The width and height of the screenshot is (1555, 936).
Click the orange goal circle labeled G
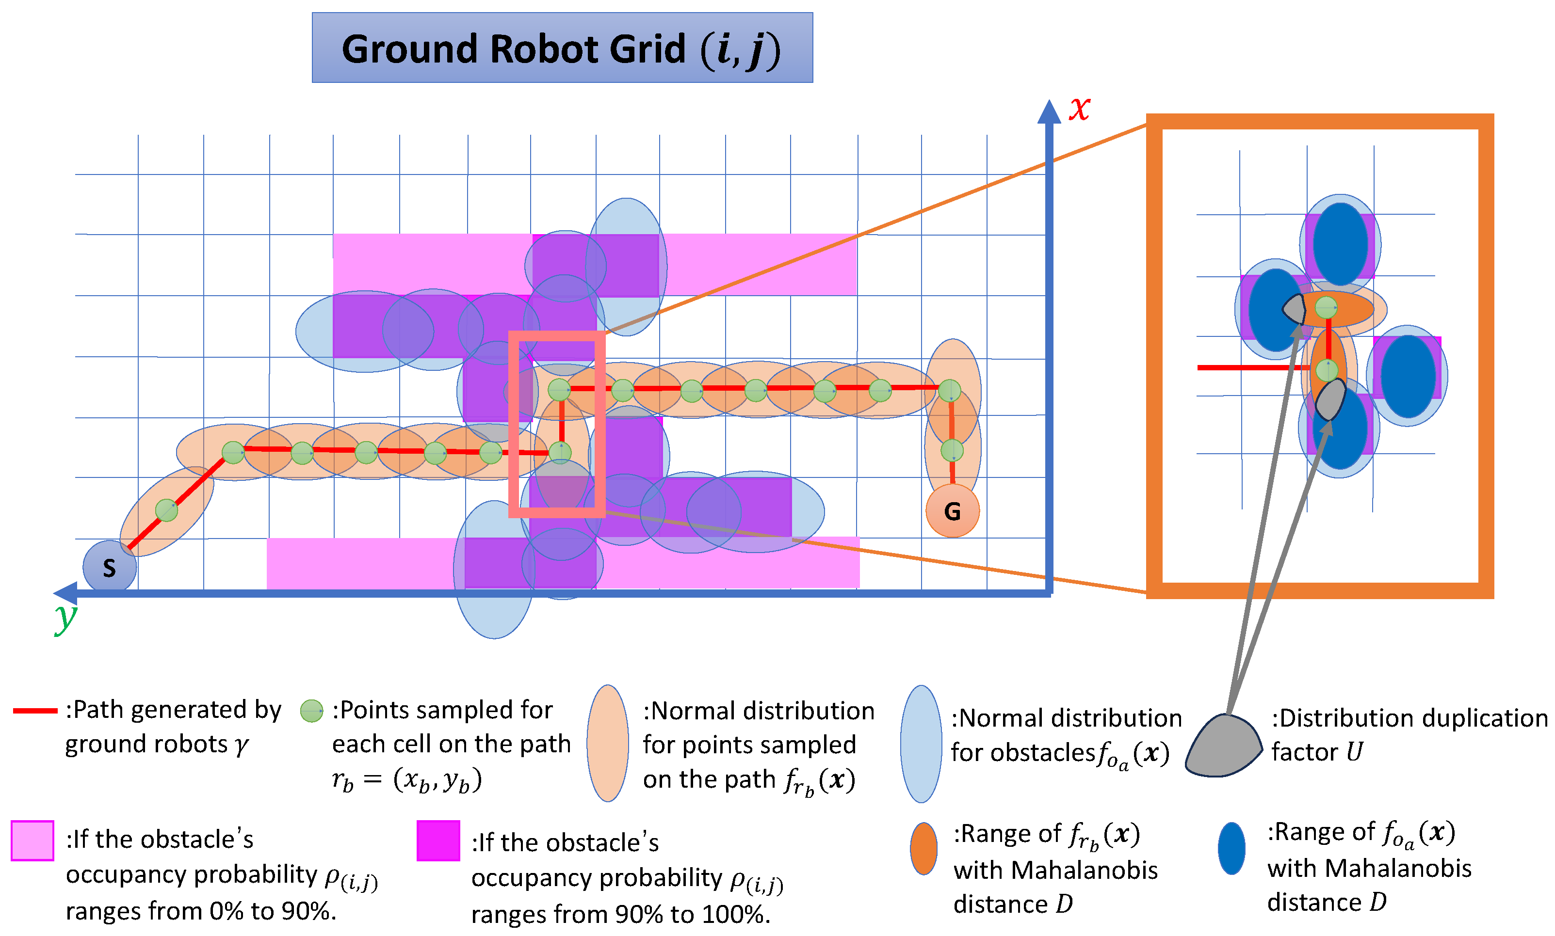pos(952,511)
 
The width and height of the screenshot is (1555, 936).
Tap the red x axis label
pos(1079,109)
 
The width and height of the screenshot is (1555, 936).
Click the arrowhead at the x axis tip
pos(1049,111)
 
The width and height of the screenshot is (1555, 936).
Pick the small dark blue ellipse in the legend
pos(1231,848)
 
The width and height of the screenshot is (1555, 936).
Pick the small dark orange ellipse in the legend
pos(923,848)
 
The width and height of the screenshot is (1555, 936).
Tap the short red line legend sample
pos(35,711)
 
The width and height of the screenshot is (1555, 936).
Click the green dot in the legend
pos(311,711)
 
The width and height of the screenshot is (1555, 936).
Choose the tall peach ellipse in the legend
pos(607,744)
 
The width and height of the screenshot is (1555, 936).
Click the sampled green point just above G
pos(952,450)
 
